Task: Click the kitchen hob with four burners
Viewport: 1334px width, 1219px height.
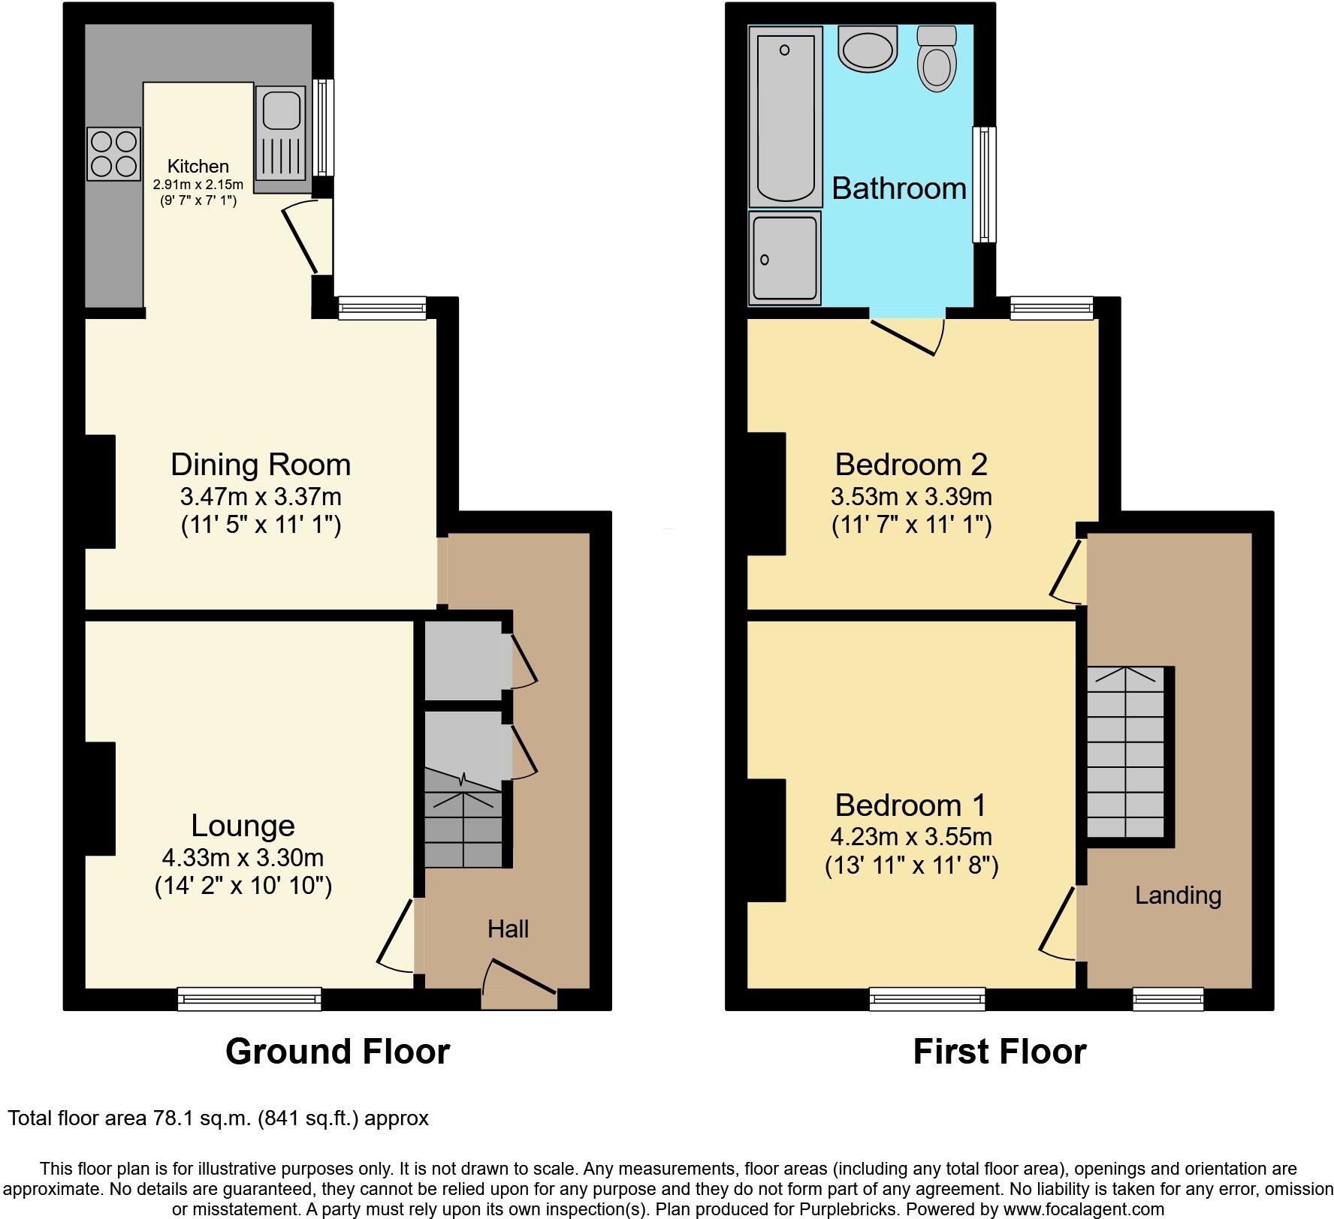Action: click(113, 154)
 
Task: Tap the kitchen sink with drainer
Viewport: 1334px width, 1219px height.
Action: click(280, 133)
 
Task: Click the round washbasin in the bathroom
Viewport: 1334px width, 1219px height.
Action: click(868, 49)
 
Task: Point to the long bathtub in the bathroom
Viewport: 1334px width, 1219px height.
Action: click(786, 116)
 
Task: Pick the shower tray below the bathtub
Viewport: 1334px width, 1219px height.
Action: click(785, 257)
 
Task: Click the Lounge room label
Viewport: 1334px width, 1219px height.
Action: click(243, 826)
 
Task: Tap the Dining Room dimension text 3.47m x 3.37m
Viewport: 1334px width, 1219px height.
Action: click(261, 496)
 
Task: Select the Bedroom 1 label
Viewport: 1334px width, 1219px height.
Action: click(910, 805)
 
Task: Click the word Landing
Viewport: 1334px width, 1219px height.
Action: click(1178, 895)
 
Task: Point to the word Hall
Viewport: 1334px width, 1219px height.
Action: click(508, 929)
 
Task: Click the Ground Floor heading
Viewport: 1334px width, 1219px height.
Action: click(337, 1052)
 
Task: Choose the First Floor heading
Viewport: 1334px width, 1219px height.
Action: click(999, 1052)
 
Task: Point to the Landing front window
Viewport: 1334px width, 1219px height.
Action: click(1168, 998)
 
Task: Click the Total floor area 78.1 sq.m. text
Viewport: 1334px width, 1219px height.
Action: click(218, 1118)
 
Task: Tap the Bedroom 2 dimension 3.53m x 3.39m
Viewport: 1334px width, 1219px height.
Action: click(911, 496)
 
